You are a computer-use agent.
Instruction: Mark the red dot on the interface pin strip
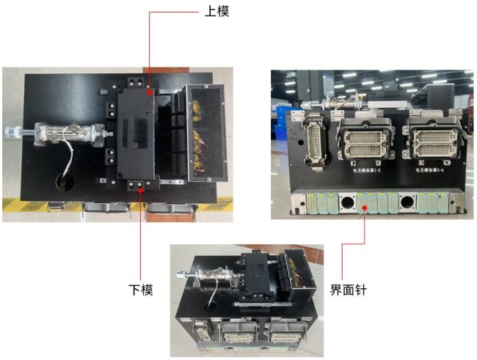(x=365, y=208)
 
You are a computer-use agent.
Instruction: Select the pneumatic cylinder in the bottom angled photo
(x=208, y=282)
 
